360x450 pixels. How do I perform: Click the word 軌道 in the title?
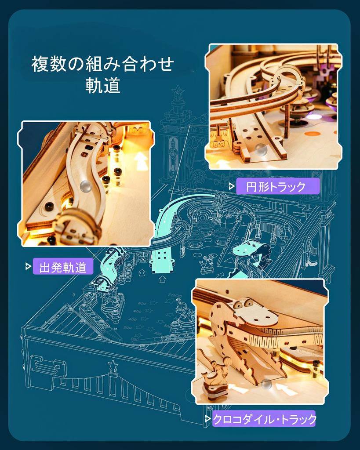103,86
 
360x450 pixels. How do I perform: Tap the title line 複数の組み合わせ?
103,64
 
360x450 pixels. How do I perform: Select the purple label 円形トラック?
277,186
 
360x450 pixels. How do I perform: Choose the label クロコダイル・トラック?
264,419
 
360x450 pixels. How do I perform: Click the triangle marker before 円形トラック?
231,186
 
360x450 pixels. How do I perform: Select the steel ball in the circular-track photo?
262,149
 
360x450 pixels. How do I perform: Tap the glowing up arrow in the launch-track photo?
142,161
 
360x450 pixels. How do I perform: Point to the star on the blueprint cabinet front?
113,365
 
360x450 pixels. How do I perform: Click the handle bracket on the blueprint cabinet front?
47,365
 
